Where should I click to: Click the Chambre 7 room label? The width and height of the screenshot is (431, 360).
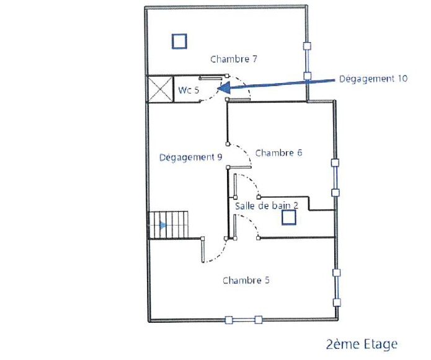[x=234, y=59]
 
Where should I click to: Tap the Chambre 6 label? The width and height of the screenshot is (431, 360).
[x=278, y=152]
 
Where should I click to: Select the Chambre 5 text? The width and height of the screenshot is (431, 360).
[x=246, y=280]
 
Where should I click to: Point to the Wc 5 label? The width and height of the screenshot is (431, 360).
[x=189, y=90]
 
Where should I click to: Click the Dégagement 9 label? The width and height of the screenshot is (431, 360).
[x=191, y=157]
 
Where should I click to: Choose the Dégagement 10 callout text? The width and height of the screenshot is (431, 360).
[x=373, y=79]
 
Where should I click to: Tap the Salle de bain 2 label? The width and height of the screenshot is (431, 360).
[x=267, y=206]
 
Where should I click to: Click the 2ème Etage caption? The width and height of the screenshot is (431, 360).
[x=362, y=345]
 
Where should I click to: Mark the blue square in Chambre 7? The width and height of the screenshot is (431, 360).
[x=179, y=41]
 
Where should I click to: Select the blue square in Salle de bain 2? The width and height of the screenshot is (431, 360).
[x=289, y=217]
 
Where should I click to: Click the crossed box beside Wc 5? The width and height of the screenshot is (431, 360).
[x=161, y=89]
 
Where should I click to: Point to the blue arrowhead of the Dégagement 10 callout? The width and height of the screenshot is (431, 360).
[x=223, y=88]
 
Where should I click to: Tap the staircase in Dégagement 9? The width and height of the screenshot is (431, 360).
[x=169, y=225]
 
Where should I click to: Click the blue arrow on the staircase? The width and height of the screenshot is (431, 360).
[x=162, y=226]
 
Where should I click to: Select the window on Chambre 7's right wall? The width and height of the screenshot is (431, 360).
[x=307, y=61]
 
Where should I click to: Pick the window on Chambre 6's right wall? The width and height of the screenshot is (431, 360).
[x=335, y=178]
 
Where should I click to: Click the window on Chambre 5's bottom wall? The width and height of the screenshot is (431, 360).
[x=243, y=320]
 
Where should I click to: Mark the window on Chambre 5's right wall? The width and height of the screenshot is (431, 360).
[x=337, y=288]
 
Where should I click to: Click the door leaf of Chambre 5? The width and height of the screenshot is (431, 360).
[x=203, y=250]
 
